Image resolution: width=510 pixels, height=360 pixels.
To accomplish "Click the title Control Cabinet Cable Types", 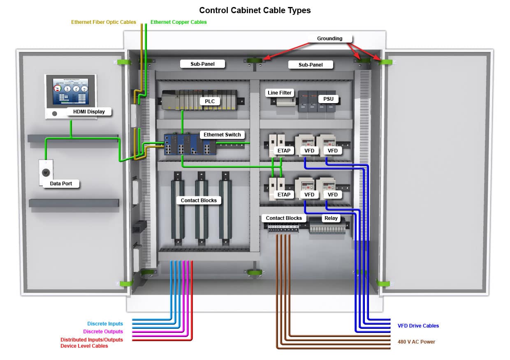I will pyautogui.click(x=255, y=10).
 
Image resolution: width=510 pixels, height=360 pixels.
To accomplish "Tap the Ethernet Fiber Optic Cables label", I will pyautogui.click(x=104, y=22).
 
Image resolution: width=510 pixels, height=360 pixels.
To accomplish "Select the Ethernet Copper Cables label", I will pyautogui.click(x=178, y=22).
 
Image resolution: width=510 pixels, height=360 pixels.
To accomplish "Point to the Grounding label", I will pyautogui.click(x=329, y=39).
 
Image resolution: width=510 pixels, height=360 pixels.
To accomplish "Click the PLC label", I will pyautogui.click(x=210, y=101).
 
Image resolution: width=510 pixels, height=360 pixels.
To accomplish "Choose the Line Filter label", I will pyautogui.click(x=280, y=93).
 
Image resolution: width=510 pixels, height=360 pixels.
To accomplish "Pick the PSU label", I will pyautogui.click(x=328, y=99).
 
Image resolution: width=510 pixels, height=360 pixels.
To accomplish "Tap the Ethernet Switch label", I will pyautogui.click(x=222, y=135).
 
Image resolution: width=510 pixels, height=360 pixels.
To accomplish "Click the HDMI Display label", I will pyautogui.click(x=89, y=111).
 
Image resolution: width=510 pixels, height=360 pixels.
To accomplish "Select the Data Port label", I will pyautogui.click(x=61, y=184).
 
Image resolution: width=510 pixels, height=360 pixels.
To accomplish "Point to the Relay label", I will pyautogui.click(x=331, y=218).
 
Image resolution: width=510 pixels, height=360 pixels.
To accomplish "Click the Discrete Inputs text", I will pyautogui.click(x=105, y=324).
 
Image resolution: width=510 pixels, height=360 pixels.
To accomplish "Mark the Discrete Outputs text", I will pyautogui.click(x=103, y=332).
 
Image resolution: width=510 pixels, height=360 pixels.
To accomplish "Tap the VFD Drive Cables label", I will pyautogui.click(x=418, y=326).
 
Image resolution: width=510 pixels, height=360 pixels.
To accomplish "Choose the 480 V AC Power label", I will pyautogui.click(x=416, y=342).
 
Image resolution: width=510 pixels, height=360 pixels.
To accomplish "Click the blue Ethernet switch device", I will pyautogui.click(x=190, y=145).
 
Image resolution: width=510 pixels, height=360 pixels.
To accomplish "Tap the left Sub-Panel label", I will pyautogui.click(x=202, y=64).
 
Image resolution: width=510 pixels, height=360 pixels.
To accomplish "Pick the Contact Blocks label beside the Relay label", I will pyautogui.click(x=284, y=218).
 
